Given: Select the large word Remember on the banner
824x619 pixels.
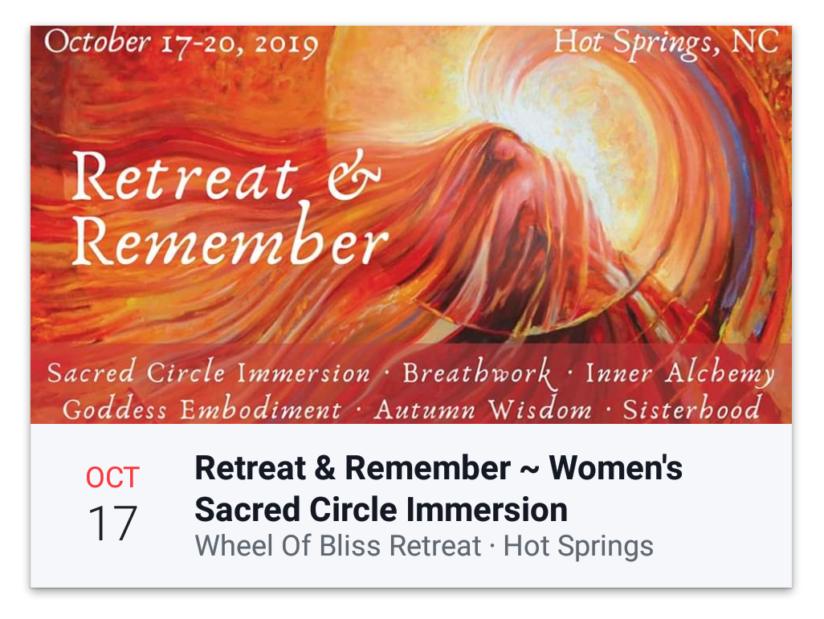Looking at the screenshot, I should point(230,238).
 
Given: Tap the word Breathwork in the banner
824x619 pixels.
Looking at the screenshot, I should point(478,373).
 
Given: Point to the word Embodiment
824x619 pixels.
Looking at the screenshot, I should point(261,409).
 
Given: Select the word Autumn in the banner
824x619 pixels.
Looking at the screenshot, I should point(426,409).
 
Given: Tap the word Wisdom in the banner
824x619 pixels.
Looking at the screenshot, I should point(540,409).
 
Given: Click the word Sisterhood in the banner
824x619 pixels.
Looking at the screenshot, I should point(691,409).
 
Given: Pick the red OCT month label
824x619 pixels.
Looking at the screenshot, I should point(112,478).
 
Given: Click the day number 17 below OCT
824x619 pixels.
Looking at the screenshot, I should point(112,523).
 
